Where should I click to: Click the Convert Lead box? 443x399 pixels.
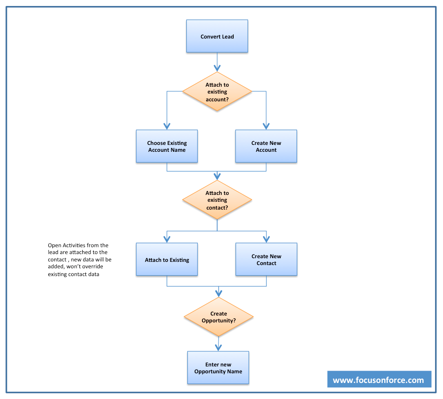click(x=217, y=36)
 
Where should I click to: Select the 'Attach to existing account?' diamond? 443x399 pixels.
click(x=217, y=92)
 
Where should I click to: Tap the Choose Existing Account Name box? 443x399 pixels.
click(x=167, y=146)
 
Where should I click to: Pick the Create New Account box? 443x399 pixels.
click(x=266, y=146)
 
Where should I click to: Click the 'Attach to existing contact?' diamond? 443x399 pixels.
click(x=217, y=200)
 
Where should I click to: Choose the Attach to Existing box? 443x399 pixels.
click(x=167, y=260)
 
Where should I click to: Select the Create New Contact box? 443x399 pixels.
click(x=266, y=260)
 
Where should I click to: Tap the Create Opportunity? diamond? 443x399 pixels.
click(x=219, y=317)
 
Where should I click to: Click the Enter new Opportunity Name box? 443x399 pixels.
click(x=218, y=368)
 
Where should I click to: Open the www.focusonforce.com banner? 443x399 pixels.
click(x=379, y=380)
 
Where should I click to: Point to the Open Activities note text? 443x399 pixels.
click(x=79, y=260)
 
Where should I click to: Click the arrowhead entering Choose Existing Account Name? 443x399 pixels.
click(x=167, y=126)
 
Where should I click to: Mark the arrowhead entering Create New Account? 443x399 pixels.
click(x=266, y=126)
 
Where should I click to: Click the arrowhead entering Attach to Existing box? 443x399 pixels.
click(x=167, y=239)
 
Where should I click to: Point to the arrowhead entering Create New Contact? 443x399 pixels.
click(x=266, y=239)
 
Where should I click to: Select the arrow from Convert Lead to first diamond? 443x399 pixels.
click(x=217, y=62)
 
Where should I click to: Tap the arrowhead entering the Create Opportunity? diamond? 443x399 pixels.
click(x=219, y=293)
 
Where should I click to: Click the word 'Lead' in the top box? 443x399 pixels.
click(x=228, y=37)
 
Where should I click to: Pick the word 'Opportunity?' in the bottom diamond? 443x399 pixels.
click(x=219, y=321)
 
